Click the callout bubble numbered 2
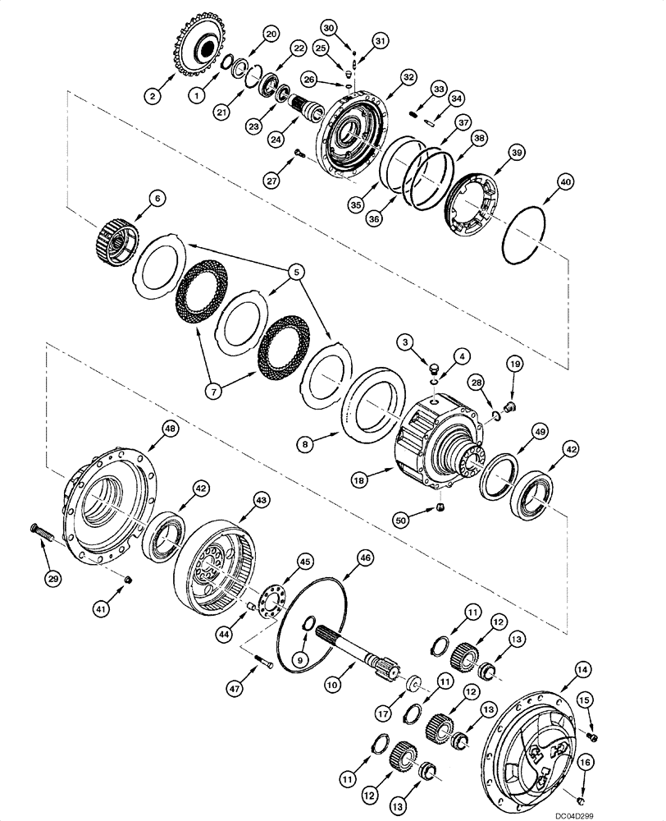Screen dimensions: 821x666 tap(150, 96)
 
